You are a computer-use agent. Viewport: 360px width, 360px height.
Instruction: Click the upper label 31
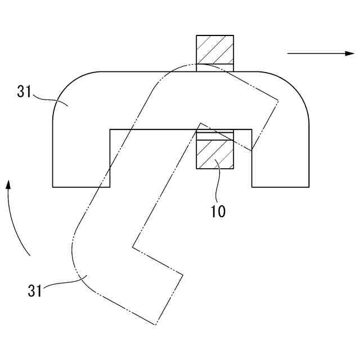[x=25, y=92]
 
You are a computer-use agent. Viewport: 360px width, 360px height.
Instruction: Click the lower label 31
[x=35, y=291]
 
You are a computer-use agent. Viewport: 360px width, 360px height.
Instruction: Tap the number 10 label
[x=218, y=211]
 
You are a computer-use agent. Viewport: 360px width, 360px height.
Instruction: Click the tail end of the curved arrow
[x=29, y=256]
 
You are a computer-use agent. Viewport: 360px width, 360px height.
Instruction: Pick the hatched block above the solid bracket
[x=214, y=51]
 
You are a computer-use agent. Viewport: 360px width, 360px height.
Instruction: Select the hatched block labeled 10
[x=214, y=153]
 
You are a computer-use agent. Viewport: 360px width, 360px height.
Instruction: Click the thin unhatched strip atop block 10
[x=214, y=134]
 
